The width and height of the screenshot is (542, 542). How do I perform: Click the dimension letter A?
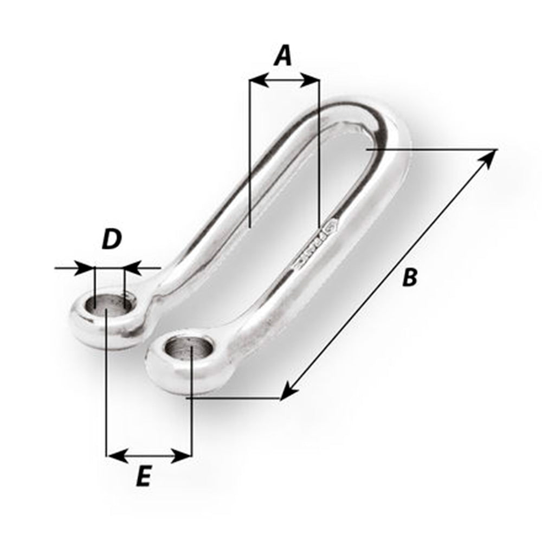tap(282, 55)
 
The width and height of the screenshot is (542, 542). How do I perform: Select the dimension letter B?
tap(410, 277)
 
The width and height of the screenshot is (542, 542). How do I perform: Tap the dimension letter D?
tap(111, 239)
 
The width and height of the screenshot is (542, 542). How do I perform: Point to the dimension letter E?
tap(143, 478)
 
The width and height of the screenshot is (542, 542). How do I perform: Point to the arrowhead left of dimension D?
tap(87, 267)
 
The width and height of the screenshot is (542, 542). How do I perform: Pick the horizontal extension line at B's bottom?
tap(233, 399)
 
